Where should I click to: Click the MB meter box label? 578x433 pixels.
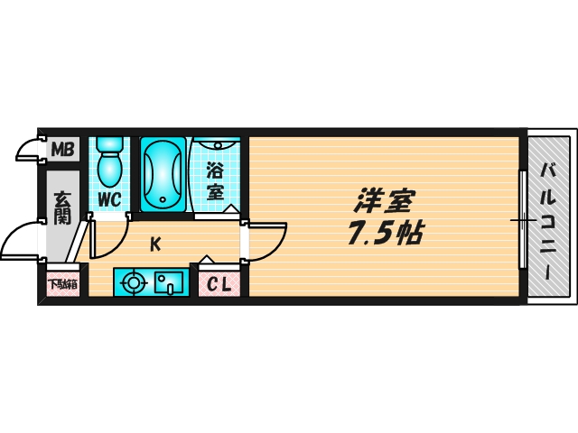[61, 149]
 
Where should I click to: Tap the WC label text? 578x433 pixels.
[110, 198]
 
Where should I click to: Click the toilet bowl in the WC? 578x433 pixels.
[110, 169]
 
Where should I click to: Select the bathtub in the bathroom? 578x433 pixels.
[163, 174]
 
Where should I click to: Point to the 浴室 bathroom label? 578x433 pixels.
[215, 180]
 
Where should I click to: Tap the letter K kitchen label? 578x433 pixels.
[155, 243]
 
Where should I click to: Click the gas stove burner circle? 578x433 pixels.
[134, 283]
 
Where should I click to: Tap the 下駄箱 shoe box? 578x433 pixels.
[62, 284]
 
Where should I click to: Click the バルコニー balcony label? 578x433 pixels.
[549, 220]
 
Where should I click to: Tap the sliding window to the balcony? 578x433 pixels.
[522, 219]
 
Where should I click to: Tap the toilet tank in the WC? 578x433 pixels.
[110, 144]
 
